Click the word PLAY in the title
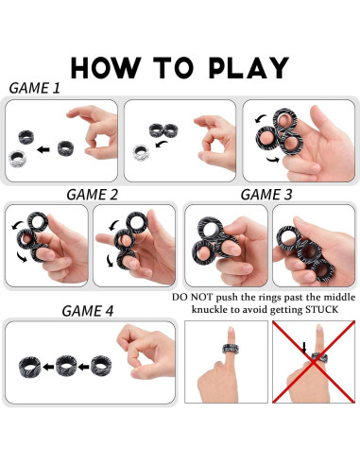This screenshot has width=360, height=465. (249, 68)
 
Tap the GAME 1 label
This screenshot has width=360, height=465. (35, 88)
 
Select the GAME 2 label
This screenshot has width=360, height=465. (93, 195)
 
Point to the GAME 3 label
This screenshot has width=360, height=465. (266, 195)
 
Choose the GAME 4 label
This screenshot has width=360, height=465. (88, 311)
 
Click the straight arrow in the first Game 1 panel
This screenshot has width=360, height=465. (43, 149)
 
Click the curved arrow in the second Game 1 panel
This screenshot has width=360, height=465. (162, 145)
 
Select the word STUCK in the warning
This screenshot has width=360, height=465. (321, 310)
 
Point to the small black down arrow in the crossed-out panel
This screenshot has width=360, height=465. (304, 348)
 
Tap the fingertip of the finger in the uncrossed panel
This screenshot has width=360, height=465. (231, 328)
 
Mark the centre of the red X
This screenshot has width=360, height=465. (314, 362)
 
